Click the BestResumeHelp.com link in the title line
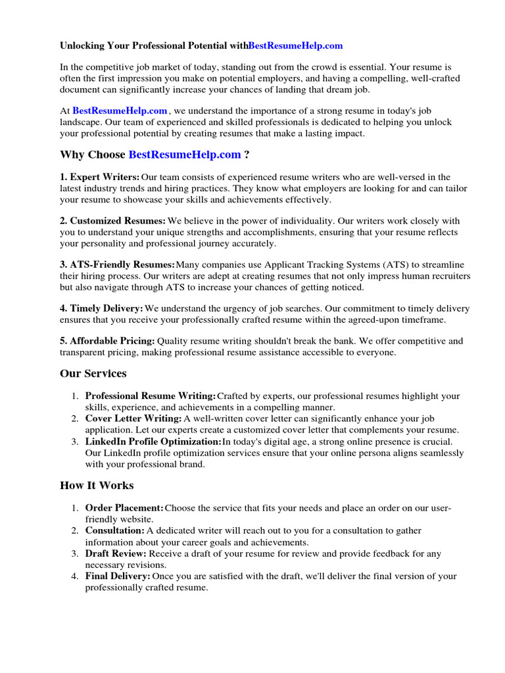pyautogui.click(x=296, y=46)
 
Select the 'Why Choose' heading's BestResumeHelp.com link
pyautogui.click(x=185, y=155)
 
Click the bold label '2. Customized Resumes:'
pyautogui.click(x=112, y=221)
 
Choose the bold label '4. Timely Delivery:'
pyautogui.click(x=102, y=308)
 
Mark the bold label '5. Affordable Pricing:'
pyautogui.click(x=107, y=340)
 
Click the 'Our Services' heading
pyautogui.click(x=93, y=373)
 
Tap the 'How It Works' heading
pyautogui.click(x=97, y=486)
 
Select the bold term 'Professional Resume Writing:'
pyautogui.click(x=151, y=396)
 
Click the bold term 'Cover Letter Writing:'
pyautogui.click(x=133, y=419)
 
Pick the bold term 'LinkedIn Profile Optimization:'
pyautogui.click(x=153, y=442)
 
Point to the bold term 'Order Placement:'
pyautogui.click(x=124, y=508)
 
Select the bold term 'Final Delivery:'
pyautogui.click(x=118, y=576)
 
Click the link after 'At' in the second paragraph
pyautogui.click(x=120, y=111)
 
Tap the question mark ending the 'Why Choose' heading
pyautogui.click(x=247, y=155)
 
